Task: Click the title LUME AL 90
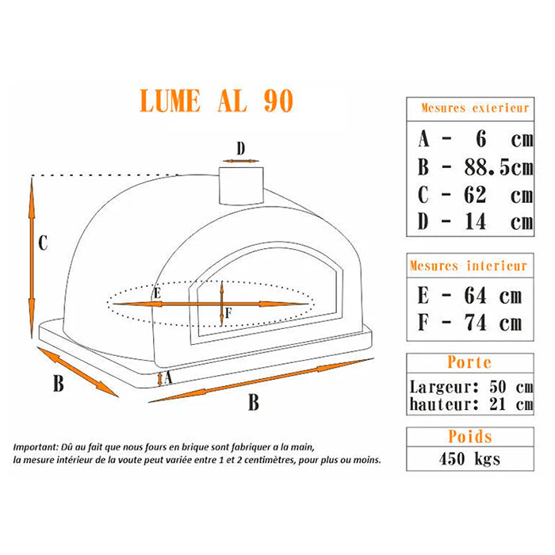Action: pos(216,101)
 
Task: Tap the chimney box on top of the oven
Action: pos(241,186)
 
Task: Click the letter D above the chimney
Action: pos(241,149)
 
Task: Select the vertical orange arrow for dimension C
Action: pos(32,258)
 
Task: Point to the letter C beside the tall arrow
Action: pos(43,243)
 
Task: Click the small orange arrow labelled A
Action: pos(160,379)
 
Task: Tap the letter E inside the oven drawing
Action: pos(157,293)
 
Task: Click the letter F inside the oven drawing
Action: pos(228,313)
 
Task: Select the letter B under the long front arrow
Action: pos(254,402)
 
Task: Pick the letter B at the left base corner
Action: pos(59,383)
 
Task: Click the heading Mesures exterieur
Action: pos(475,108)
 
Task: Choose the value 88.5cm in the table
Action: pos(499,167)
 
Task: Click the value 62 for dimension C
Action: pos(476,195)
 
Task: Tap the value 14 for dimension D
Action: pos(476,222)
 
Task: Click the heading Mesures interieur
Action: pos(469,266)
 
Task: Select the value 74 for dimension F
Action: pos(476,323)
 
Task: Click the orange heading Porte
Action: pos(469,362)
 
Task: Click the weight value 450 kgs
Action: pos(469,459)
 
